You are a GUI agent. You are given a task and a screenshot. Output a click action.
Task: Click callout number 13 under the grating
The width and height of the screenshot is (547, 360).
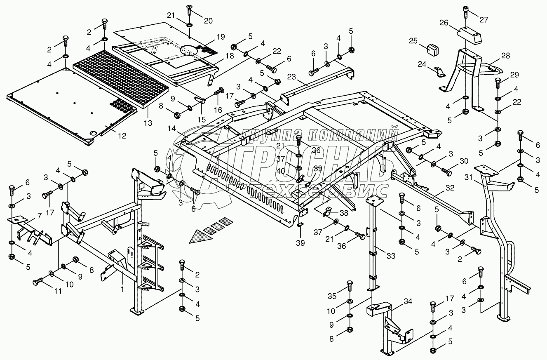pyautogui.click(x=148, y=123)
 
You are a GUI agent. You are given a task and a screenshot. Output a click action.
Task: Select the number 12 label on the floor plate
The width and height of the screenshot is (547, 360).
pyautogui.click(x=122, y=136)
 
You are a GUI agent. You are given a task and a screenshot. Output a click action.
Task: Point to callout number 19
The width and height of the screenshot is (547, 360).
pyautogui.click(x=221, y=37)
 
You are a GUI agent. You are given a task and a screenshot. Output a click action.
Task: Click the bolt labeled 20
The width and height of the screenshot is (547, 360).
pyautogui.click(x=190, y=11)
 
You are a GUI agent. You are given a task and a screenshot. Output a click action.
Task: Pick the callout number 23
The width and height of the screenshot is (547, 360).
pyautogui.click(x=291, y=77)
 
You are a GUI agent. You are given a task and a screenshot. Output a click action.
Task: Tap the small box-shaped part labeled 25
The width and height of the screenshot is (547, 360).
pyautogui.click(x=433, y=49)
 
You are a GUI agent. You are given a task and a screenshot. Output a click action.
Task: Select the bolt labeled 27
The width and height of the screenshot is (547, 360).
pyautogui.click(x=466, y=13)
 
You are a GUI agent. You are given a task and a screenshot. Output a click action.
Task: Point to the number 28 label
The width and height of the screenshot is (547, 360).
pyautogui.click(x=505, y=56)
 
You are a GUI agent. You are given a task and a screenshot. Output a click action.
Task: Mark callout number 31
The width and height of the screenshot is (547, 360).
pyautogui.click(x=469, y=177)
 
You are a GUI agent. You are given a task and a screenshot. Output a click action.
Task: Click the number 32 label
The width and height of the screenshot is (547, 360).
pyautogui.click(x=450, y=188)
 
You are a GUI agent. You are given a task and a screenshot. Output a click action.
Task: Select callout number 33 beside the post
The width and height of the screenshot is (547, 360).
pyautogui.click(x=391, y=256)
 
